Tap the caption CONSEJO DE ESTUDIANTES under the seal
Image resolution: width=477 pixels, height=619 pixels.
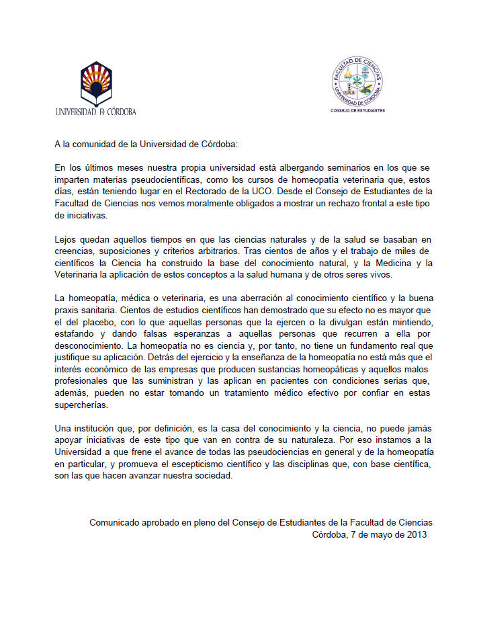click(357, 110)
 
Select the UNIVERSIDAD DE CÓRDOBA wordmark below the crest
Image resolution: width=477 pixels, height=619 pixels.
click(96, 112)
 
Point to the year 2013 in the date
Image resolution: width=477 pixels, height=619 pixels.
click(415, 534)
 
